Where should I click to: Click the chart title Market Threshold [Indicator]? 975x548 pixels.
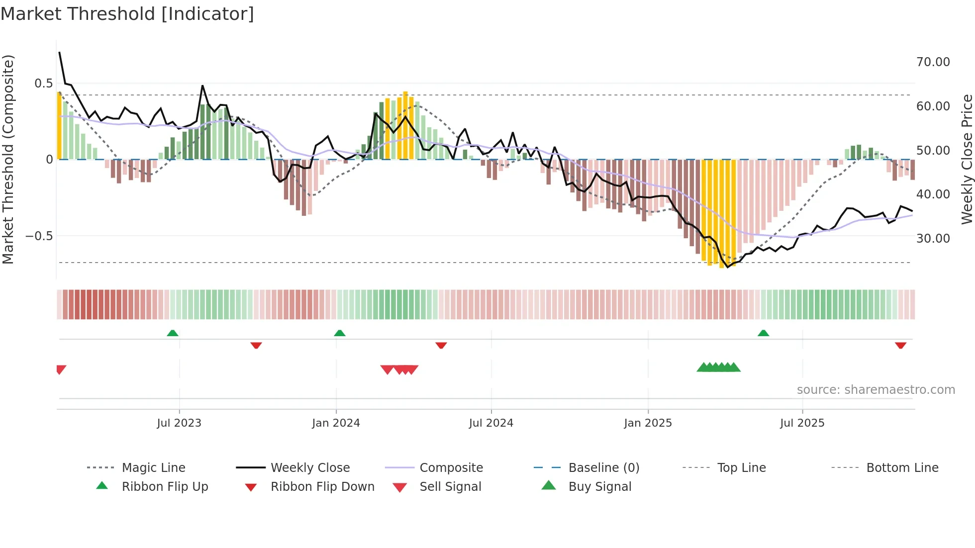point(127,14)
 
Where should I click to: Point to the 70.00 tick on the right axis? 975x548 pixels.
point(933,62)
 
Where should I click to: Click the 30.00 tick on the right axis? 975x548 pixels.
point(933,239)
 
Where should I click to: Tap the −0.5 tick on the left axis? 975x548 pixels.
point(39,236)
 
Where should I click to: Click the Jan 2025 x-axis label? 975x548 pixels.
point(648,423)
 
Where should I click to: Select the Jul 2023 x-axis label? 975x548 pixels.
point(179,423)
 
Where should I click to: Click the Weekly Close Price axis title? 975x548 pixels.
point(967,159)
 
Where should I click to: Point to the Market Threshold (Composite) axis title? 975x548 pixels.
point(8,159)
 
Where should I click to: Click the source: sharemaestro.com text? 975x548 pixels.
point(876,390)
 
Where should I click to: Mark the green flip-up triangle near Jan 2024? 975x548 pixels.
point(340,333)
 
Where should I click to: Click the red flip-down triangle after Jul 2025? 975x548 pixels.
point(900,345)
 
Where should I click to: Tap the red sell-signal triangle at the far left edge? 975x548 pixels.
point(61,369)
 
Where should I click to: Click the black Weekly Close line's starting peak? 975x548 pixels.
point(60,52)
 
